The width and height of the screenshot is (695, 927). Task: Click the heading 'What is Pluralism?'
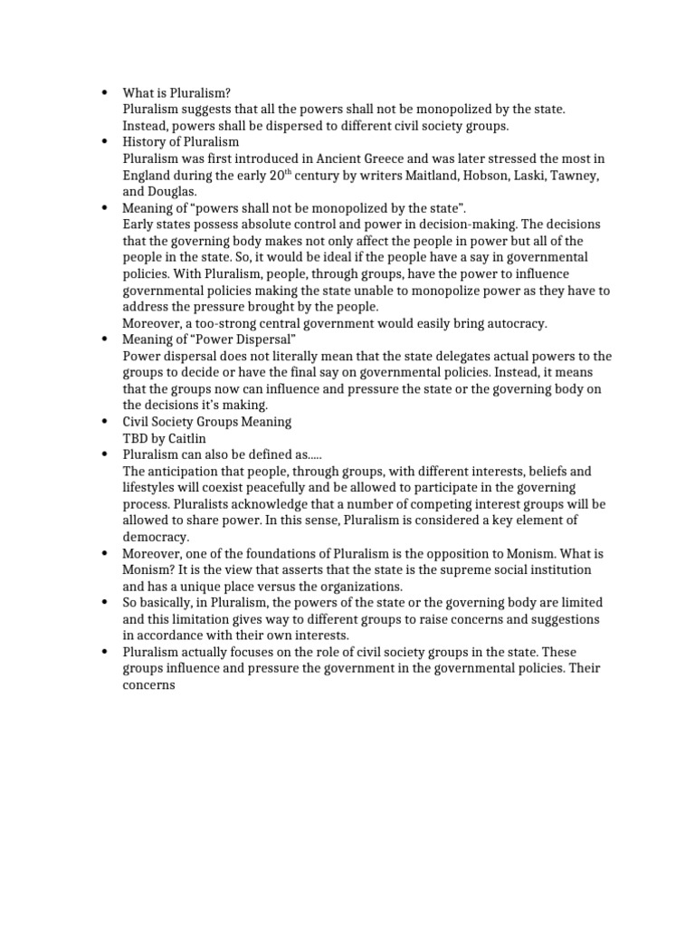click(x=177, y=92)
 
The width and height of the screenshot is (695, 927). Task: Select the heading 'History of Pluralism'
click(x=181, y=141)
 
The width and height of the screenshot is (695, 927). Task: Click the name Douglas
click(x=172, y=191)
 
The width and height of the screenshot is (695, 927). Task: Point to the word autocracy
click(x=514, y=323)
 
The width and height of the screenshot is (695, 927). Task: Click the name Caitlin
click(x=187, y=438)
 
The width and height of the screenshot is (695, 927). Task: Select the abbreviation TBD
click(x=136, y=438)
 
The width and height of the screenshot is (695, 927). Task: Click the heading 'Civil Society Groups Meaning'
click(x=207, y=422)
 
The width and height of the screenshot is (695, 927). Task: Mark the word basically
click(x=174, y=602)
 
